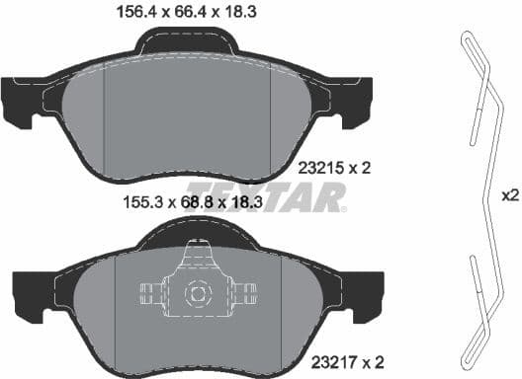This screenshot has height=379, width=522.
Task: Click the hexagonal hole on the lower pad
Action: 196,293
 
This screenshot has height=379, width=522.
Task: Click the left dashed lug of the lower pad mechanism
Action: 148,293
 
